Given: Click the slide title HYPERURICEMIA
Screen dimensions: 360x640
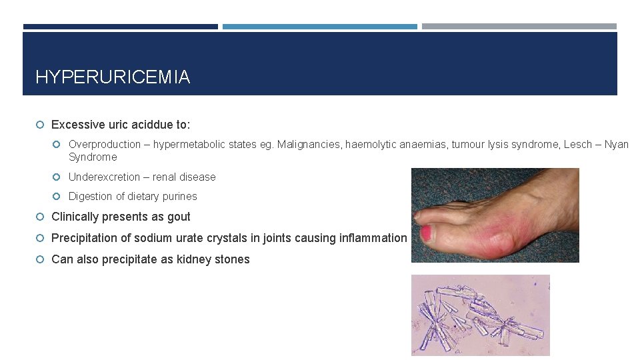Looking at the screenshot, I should [x=112, y=77].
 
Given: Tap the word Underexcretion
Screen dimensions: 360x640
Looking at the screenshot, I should [x=108, y=177].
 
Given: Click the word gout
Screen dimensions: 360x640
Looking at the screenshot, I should [x=179, y=217].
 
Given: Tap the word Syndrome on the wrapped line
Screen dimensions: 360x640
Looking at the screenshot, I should [x=93, y=157].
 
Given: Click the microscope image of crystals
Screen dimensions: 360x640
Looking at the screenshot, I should [x=480, y=315].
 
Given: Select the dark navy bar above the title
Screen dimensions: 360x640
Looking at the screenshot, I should [x=120, y=27].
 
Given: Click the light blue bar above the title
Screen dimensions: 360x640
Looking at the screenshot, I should [x=319, y=27].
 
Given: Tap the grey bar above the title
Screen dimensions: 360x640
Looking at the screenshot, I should [x=519, y=27].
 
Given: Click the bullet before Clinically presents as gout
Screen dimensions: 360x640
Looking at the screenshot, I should [x=40, y=217].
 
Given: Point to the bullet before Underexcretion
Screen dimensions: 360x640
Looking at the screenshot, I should [x=57, y=177].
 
